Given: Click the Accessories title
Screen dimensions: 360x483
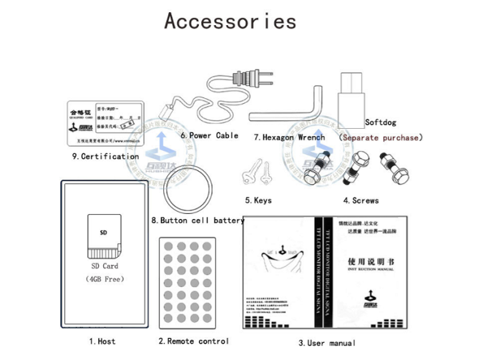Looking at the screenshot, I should (230, 21).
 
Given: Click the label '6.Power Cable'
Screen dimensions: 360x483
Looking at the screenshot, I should (210, 135).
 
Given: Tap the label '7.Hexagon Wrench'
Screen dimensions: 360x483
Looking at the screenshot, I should (289, 137).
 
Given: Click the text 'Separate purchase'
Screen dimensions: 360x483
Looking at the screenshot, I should (381, 137).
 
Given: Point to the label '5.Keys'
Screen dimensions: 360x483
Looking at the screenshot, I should (258, 200).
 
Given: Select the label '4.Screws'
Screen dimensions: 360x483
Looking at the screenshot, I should (361, 200).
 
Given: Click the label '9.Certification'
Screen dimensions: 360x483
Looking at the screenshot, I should (105, 156).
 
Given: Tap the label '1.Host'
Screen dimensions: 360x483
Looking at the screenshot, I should (102, 341).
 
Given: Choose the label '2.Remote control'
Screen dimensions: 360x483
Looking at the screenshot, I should (193, 341).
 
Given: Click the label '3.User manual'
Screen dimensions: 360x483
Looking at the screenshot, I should (326, 344).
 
